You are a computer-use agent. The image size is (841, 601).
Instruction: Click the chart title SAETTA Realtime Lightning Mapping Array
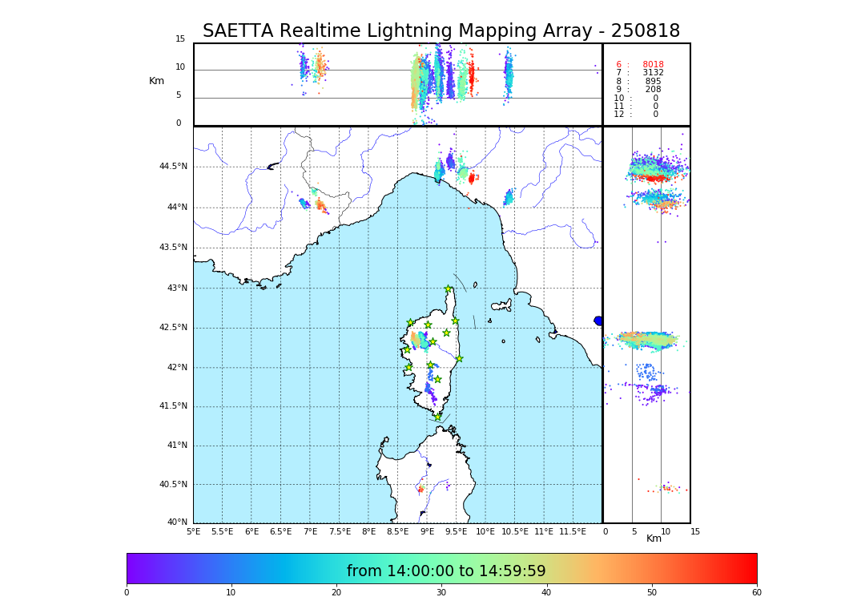[441, 31]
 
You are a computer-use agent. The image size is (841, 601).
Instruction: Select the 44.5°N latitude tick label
[173, 167]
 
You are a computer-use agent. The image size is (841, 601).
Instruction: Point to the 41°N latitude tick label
[175, 446]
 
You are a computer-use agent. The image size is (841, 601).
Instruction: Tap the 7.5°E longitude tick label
[340, 531]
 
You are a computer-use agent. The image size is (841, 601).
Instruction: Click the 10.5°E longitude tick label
[515, 531]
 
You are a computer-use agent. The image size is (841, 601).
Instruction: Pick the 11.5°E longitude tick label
[573, 531]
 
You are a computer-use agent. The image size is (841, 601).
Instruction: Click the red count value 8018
[653, 65]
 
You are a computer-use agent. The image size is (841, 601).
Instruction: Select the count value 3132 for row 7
[653, 73]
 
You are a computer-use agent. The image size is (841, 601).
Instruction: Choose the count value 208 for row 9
[653, 90]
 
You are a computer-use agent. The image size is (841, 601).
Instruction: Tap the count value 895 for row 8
[653, 82]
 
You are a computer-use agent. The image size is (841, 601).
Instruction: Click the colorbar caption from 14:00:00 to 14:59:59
[446, 571]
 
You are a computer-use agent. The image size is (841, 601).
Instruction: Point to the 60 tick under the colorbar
[756, 593]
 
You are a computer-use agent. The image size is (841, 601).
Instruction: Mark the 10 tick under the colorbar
[231, 593]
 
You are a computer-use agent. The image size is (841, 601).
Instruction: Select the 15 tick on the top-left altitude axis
[180, 39]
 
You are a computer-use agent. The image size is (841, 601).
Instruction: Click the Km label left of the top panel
[156, 81]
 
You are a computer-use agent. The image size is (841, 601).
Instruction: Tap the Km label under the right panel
[654, 538]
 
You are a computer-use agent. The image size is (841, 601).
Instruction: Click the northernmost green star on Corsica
[449, 289]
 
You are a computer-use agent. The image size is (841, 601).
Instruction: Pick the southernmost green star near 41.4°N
[437, 417]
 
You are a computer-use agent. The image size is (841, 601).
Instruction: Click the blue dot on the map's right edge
[598, 321]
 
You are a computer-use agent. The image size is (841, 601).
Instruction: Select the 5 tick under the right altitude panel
[634, 531]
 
